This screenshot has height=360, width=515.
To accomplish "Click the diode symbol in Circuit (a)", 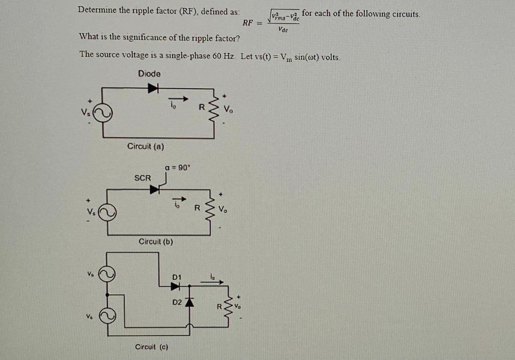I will (x=154, y=87).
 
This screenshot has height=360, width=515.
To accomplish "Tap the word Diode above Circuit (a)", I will (x=149, y=74).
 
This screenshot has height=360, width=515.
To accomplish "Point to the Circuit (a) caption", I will (x=146, y=146).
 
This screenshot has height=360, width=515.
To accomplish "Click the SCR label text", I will (x=143, y=178).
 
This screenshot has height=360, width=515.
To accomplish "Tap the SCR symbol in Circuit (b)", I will (x=155, y=189).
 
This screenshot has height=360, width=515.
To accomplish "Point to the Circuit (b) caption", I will (x=155, y=241).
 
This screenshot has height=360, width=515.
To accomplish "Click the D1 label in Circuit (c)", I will (x=177, y=276).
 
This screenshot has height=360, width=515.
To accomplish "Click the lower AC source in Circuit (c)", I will (x=107, y=316).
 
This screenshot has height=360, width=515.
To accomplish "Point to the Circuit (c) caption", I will (x=151, y=347).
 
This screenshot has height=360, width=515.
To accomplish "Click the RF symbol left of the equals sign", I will (x=248, y=23).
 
